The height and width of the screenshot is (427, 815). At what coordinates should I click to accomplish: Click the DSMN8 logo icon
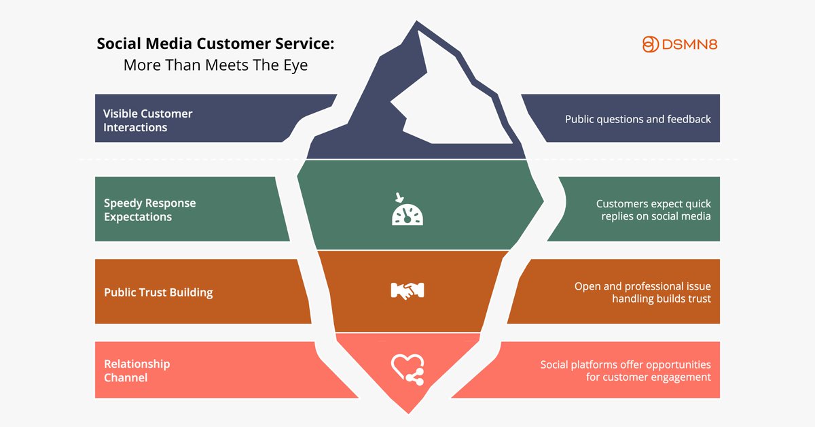click(x=651, y=44)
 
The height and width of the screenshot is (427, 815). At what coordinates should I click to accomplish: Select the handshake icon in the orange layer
click(x=407, y=291)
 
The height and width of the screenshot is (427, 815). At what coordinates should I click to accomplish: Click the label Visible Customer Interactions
click(x=147, y=120)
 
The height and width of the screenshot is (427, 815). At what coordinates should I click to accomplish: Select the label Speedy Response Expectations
click(x=149, y=210)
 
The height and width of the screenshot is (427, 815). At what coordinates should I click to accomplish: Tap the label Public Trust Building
click(x=158, y=292)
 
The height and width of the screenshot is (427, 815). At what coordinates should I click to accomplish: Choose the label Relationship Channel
click(x=137, y=371)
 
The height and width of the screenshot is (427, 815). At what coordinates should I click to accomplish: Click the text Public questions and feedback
click(x=638, y=119)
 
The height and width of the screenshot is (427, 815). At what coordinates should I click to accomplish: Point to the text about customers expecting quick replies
click(x=653, y=210)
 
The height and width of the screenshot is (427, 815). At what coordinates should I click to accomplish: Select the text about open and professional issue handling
click(x=642, y=292)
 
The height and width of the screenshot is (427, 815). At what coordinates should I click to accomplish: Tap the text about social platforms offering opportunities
click(x=626, y=371)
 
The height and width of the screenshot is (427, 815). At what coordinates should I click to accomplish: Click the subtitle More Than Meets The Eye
click(x=215, y=65)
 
